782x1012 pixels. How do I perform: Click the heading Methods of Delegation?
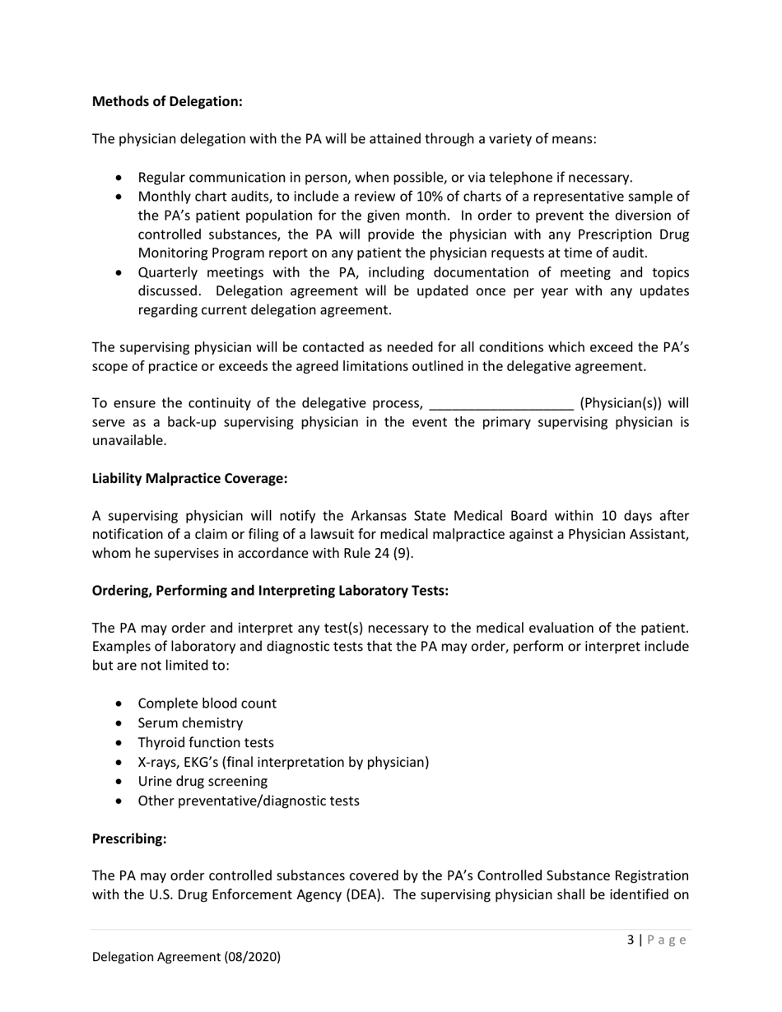tap(167, 101)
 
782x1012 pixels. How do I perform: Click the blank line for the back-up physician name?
tap(501, 403)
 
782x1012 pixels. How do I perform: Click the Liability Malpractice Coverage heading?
tap(189, 478)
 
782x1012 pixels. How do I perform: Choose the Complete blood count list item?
tap(207, 703)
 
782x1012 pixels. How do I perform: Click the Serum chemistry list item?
tap(190, 723)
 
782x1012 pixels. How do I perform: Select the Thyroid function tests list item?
tap(206, 742)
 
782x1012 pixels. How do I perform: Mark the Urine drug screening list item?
tap(202, 781)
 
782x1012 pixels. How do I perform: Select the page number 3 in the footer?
tap(630, 940)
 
